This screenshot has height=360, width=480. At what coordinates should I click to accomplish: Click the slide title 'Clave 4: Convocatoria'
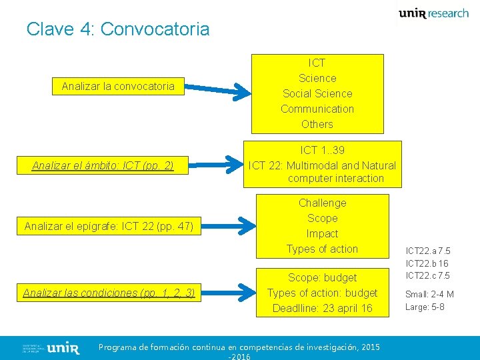tap(118, 29)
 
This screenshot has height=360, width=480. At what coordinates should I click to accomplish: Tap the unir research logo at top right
tap(433, 13)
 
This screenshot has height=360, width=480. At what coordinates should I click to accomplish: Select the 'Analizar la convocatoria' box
tap(118, 86)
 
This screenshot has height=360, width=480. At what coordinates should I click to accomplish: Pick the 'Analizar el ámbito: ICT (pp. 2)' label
tap(103, 165)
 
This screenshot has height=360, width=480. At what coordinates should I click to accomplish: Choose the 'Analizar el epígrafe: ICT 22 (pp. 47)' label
tap(109, 227)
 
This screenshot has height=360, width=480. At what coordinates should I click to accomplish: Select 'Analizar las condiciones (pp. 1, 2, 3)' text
tap(109, 293)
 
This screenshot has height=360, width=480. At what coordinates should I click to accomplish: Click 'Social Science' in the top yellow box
tap(317, 93)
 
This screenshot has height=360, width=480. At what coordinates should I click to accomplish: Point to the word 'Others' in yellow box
tap(317, 124)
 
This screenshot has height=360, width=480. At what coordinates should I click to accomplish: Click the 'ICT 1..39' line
tap(322, 151)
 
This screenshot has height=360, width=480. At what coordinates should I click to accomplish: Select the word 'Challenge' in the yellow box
tap(322, 203)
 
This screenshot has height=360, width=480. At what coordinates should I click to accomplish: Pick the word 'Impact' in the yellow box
tap(322, 233)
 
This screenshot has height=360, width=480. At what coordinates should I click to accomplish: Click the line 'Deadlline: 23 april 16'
tap(322, 308)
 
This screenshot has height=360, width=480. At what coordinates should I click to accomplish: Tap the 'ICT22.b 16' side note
tap(428, 263)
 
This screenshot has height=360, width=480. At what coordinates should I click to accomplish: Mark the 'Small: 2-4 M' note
tap(429, 294)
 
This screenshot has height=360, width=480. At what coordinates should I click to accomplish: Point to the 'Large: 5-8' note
tap(425, 307)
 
